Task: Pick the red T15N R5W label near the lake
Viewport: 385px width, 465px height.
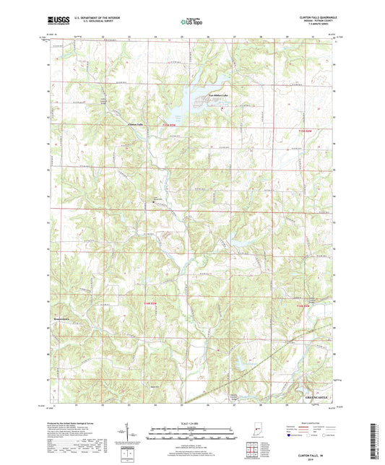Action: click(178, 120)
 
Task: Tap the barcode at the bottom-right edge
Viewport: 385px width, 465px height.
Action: click(376, 437)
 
